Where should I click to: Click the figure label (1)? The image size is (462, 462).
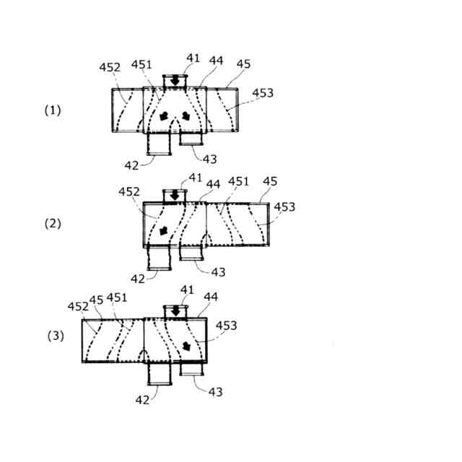click(53, 110)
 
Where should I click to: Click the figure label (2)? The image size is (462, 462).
click(53, 223)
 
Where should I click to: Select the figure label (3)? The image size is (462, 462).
click(56, 336)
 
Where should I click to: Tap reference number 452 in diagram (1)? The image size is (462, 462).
click(110, 67)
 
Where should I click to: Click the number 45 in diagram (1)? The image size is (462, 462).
click(243, 64)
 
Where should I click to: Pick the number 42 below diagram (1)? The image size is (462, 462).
click(131, 165)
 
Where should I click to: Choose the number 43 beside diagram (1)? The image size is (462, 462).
click(210, 159)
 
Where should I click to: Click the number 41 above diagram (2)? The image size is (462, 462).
click(195, 178)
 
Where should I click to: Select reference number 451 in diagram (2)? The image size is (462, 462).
click(238, 181)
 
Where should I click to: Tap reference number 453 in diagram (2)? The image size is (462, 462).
click(284, 207)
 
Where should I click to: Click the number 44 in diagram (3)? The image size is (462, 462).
click(211, 296)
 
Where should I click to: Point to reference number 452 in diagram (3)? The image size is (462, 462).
click(77, 306)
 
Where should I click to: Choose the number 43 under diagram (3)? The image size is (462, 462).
click(215, 391)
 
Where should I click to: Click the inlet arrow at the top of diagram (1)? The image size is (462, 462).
click(175, 82)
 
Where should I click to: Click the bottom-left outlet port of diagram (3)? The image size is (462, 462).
click(159, 372)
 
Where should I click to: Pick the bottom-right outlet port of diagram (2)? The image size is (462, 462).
click(191, 252)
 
